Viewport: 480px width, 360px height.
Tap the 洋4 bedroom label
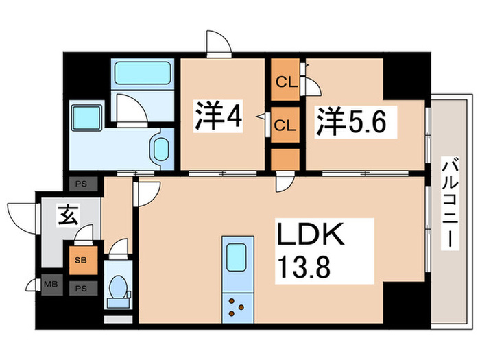[218, 117]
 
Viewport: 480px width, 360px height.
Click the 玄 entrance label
[67, 216]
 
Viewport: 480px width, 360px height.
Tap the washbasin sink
[162, 148]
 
